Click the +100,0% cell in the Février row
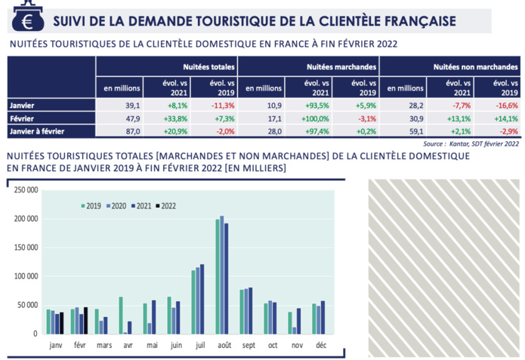(x=309, y=118)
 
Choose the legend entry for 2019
(x=91, y=205)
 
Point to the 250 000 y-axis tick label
(x=24, y=190)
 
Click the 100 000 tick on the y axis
(x=24, y=276)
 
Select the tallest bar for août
(x=221, y=275)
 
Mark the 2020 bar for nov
(x=294, y=330)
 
